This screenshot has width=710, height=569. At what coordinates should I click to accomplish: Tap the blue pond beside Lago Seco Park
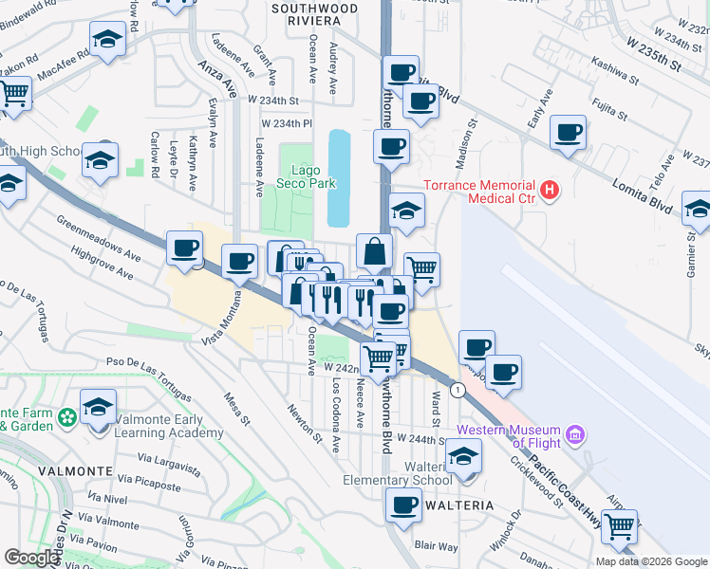(338, 177)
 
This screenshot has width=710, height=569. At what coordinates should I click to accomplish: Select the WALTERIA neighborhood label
(460, 505)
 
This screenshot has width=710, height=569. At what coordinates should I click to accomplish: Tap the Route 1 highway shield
(458, 389)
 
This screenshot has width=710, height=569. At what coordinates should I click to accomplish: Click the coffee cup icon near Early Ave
(569, 133)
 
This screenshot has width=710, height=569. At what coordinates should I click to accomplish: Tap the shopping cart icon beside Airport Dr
(619, 526)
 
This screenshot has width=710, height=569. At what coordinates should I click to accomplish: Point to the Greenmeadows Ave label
(98, 240)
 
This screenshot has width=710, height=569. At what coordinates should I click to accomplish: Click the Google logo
(32, 558)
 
